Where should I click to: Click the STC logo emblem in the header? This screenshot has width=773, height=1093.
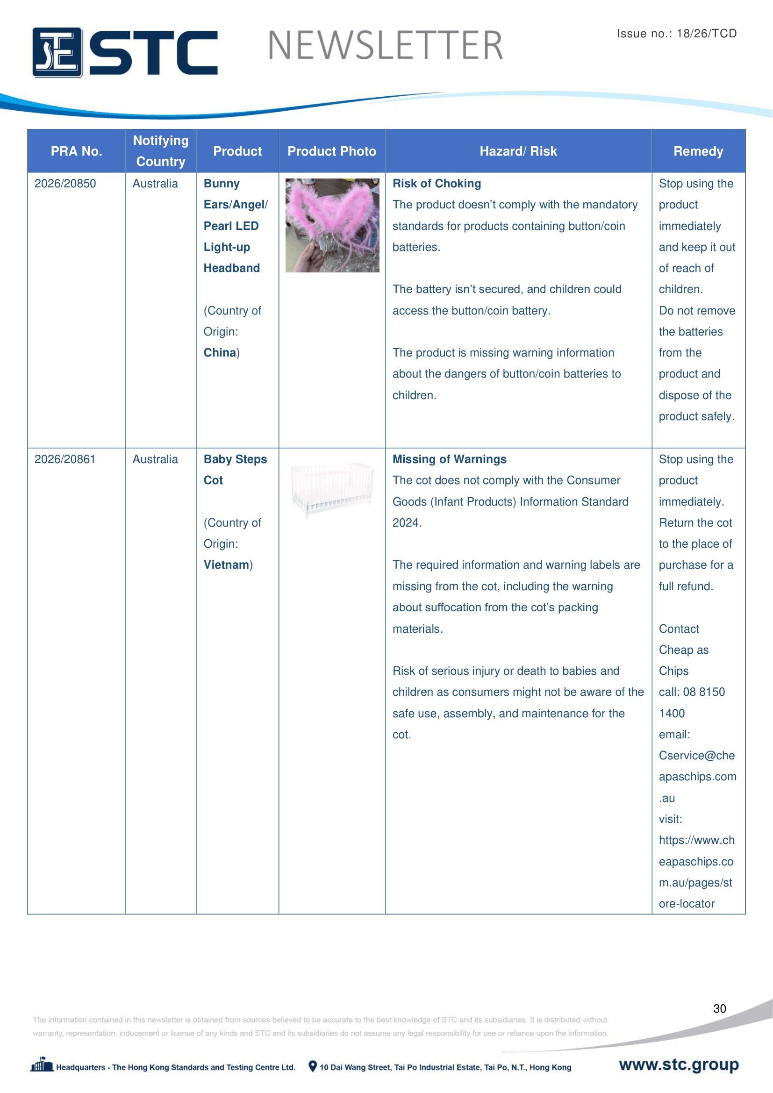click(57, 52)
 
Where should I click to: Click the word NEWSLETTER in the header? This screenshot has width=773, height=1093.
click(385, 46)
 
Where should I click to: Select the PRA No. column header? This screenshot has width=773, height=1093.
click(76, 151)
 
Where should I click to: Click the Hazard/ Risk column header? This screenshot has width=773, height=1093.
click(518, 151)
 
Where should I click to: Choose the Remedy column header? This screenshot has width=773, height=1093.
click(698, 151)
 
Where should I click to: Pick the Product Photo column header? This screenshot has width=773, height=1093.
click(332, 151)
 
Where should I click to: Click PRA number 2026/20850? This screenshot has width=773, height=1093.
click(65, 184)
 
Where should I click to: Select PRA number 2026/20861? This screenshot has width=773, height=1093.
click(65, 459)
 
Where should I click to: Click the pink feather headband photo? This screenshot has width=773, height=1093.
click(332, 225)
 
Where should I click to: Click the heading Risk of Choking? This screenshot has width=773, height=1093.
click(437, 184)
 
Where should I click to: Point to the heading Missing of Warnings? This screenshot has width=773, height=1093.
click(449, 459)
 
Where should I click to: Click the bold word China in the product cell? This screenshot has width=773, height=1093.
click(220, 353)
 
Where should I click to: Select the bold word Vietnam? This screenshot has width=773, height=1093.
click(227, 565)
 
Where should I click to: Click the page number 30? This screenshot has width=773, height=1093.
click(719, 1009)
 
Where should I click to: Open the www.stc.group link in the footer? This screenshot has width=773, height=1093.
click(679, 1064)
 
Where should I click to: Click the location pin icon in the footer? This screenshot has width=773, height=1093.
click(313, 1066)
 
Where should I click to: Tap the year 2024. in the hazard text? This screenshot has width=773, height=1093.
click(407, 523)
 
